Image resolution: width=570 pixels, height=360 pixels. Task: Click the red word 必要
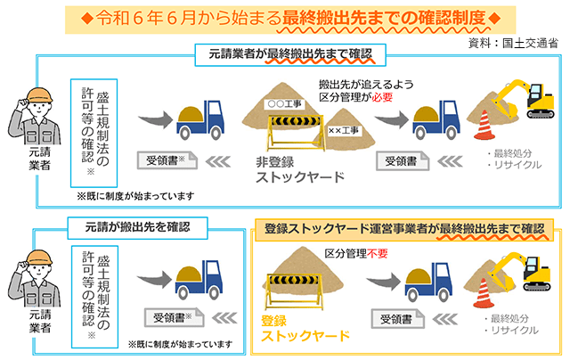click(382, 96)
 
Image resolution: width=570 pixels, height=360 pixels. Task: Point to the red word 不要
click(382, 253)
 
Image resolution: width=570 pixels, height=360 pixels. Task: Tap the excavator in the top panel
click(537, 100)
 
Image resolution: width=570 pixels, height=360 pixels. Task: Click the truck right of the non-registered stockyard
click(436, 119)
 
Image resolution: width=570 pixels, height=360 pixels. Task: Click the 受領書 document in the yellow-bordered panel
click(399, 319)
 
